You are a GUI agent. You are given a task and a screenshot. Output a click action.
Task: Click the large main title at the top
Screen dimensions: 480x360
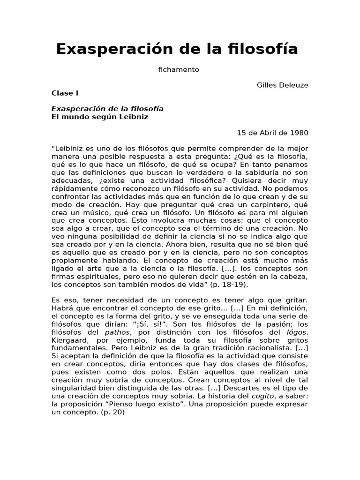[x=177, y=49]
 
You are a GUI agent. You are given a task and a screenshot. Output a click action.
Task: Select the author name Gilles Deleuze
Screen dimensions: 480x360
[x=283, y=85]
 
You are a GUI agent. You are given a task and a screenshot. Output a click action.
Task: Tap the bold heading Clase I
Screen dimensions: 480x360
[x=65, y=93]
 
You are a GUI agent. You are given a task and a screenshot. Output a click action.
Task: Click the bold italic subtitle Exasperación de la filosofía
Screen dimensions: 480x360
[x=107, y=108]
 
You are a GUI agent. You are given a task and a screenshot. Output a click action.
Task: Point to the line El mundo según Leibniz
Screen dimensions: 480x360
[x=99, y=116]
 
